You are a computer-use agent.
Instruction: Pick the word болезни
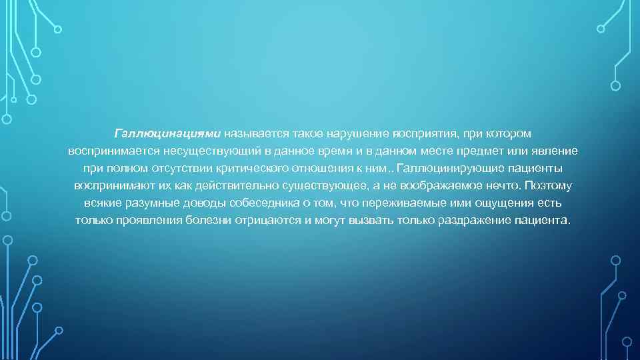click(202, 220)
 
